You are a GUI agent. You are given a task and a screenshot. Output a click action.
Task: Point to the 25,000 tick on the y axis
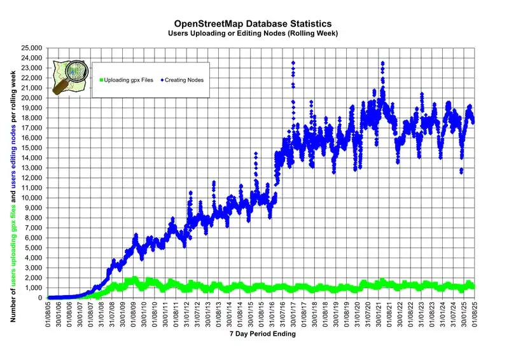(x=32, y=48)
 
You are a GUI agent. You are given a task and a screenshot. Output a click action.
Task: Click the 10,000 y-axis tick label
(x=32, y=198)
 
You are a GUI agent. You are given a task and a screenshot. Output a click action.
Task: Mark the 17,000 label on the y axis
(x=32, y=128)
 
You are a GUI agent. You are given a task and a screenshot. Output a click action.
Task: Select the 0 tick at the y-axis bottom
(x=39, y=298)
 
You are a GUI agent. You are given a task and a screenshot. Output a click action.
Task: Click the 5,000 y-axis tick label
(x=34, y=248)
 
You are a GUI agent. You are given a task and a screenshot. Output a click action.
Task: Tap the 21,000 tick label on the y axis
(x=32, y=88)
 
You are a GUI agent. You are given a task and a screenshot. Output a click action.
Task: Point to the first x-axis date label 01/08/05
(x=48, y=313)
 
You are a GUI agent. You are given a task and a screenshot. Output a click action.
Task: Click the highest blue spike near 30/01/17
(x=293, y=63)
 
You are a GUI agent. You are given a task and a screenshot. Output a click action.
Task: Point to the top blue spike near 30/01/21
(x=382, y=63)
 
